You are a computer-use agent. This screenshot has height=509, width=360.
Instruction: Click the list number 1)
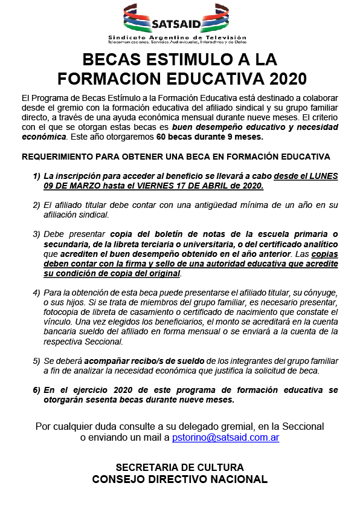pyautogui.click(x=37, y=176)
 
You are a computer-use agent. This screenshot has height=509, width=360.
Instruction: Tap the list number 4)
pyautogui.click(x=37, y=293)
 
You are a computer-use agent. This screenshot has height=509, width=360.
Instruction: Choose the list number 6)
pyautogui.click(x=37, y=391)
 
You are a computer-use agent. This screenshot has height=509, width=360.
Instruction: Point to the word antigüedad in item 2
pyautogui.click(x=191, y=205)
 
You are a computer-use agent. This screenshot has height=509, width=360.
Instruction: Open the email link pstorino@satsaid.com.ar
pyautogui.click(x=225, y=437)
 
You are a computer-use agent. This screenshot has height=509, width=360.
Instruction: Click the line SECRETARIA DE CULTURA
pyautogui.click(x=179, y=467)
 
